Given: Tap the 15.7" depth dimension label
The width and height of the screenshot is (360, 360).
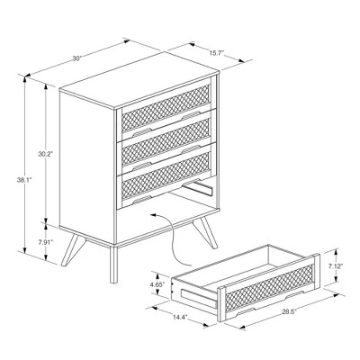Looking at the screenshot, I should (x=215, y=53).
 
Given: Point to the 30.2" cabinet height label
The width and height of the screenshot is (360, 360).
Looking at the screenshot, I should (x=45, y=155).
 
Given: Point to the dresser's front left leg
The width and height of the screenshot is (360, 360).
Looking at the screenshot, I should (x=112, y=261).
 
